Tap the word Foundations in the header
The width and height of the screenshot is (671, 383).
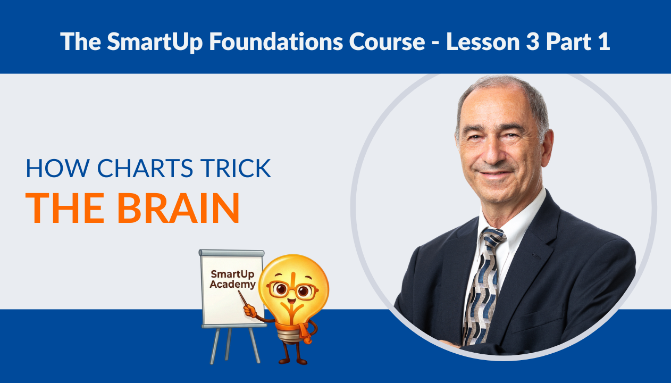pyautogui.click(x=258, y=41)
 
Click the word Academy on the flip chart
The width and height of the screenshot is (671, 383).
pyautogui.click(x=232, y=285)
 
